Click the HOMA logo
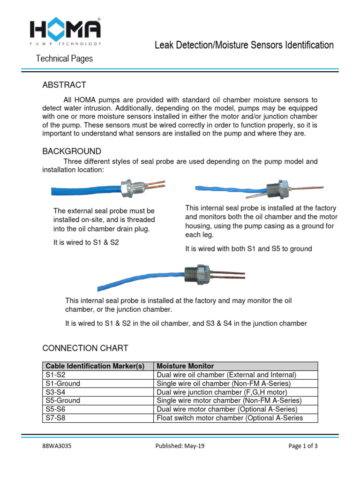pos(65,31)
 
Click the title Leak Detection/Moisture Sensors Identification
pos(244,45)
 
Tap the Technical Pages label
pos(65,59)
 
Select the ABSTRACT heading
pos(64,85)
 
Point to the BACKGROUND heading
pos(72,151)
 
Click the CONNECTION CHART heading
pos(85,348)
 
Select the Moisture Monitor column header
pos(185,366)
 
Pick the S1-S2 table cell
pos(56,375)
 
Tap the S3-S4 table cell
pos(56,392)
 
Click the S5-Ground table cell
pos(63,401)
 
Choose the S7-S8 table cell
pos(56,418)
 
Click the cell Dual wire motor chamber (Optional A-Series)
pos(227,409)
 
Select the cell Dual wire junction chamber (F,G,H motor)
pos(222,392)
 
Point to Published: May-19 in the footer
pos(180,446)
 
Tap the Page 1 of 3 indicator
pos(303,446)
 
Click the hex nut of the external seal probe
pos(126,188)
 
